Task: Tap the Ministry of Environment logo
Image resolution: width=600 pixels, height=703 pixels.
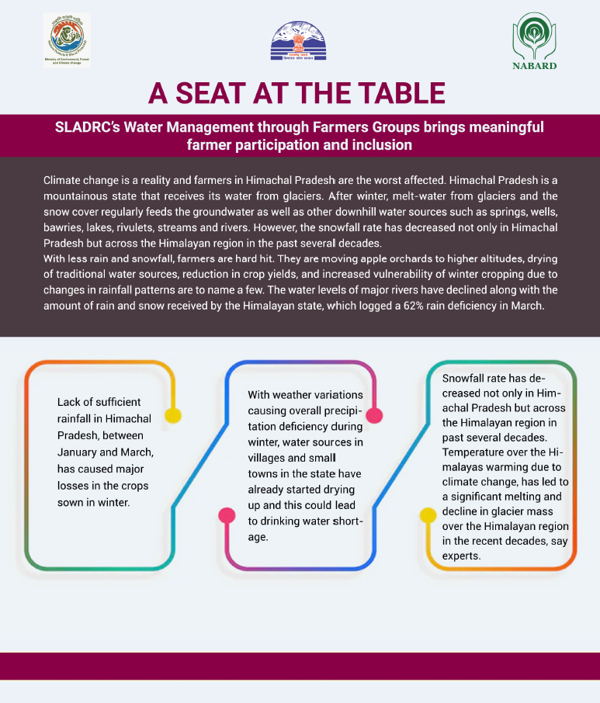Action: click(x=67, y=40)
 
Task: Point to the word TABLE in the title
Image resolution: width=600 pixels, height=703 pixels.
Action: click(x=401, y=94)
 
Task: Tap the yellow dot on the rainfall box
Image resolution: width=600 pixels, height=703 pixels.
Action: click(x=173, y=416)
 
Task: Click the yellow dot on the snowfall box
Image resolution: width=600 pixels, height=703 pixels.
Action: click(x=428, y=514)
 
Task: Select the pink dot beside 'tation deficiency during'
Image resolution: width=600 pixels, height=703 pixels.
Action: click(x=374, y=416)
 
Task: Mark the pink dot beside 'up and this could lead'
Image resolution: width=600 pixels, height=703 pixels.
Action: click(x=227, y=514)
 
